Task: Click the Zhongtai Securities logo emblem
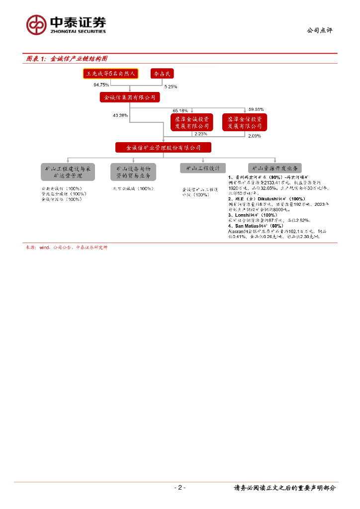36,24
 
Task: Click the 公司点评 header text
319,30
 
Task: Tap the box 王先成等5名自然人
110,74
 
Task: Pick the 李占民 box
162,74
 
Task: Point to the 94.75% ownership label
101,85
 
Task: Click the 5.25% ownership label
171,86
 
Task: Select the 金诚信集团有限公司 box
130,98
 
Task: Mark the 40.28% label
120,115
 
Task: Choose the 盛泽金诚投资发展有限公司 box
191,122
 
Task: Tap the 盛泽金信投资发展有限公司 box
245,122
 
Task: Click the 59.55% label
256,109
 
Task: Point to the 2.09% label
254,135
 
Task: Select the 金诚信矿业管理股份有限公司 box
163,148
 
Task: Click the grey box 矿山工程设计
202,169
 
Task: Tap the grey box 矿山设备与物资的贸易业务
133,172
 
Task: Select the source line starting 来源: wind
66,247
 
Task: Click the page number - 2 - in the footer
180,488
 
